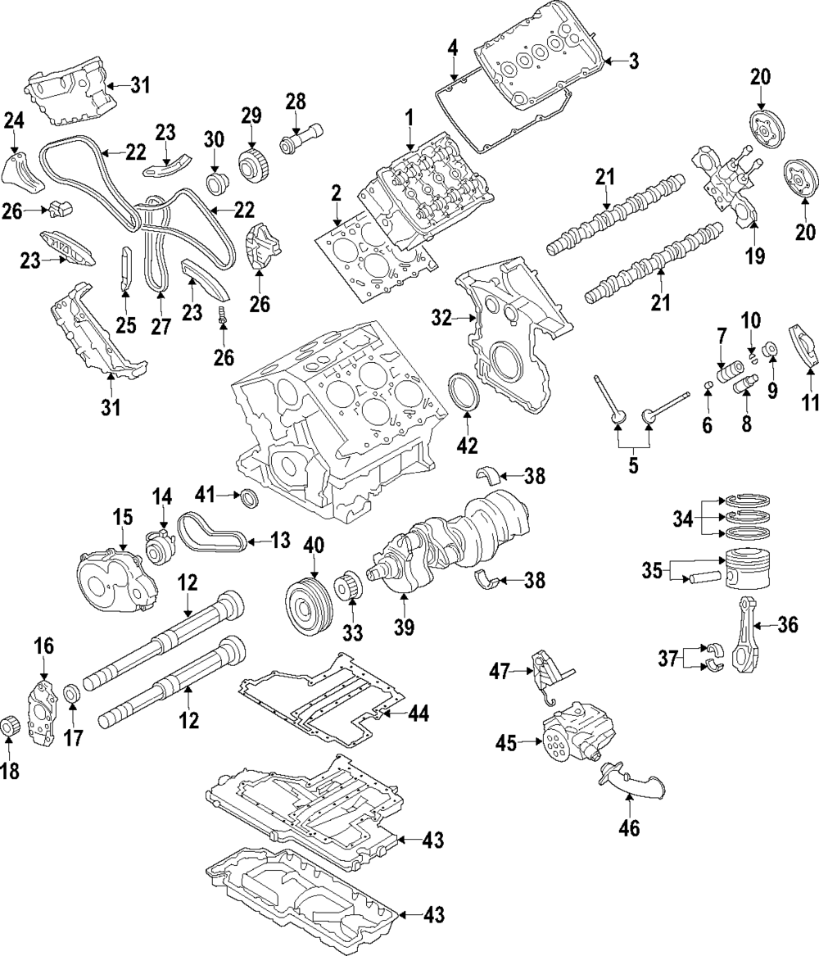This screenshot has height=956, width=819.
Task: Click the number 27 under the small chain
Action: pyautogui.click(x=161, y=326)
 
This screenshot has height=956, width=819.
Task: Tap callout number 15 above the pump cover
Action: pyautogui.click(x=122, y=519)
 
